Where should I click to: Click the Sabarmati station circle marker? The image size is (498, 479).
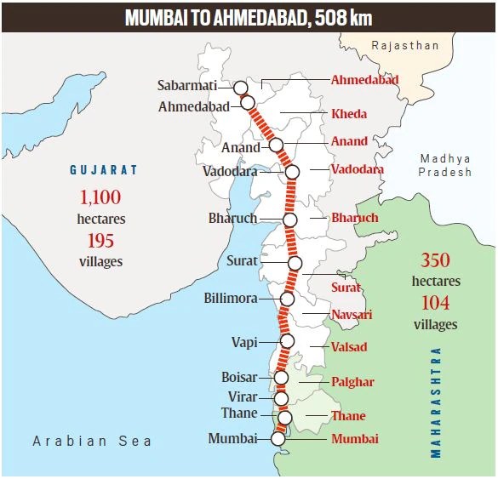pyautogui.click(x=240, y=87)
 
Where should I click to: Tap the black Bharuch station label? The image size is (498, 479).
pyautogui.click(x=232, y=219)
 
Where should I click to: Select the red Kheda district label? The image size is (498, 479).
pyautogui.click(x=349, y=114)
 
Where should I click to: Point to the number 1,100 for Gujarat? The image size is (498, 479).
pyautogui.click(x=101, y=198)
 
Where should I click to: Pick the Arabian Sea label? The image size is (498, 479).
pyautogui.click(x=92, y=441)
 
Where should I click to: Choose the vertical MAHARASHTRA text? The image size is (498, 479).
pyautogui.click(x=437, y=402)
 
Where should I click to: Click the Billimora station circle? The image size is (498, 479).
pyautogui.click(x=287, y=299)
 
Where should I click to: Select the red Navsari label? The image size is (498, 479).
pyautogui.click(x=350, y=315)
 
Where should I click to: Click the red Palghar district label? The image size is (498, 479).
pyautogui.click(x=352, y=382)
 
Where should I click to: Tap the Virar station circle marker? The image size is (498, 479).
pyautogui.click(x=282, y=398)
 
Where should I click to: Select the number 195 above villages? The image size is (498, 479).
pyautogui.click(x=100, y=241)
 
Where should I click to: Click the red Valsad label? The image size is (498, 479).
pyautogui.click(x=349, y=347)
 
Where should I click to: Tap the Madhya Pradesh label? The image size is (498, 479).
pyautogui.click(x=444, y=165)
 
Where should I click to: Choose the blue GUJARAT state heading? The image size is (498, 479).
pyautogui.click(x=103, y=170)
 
